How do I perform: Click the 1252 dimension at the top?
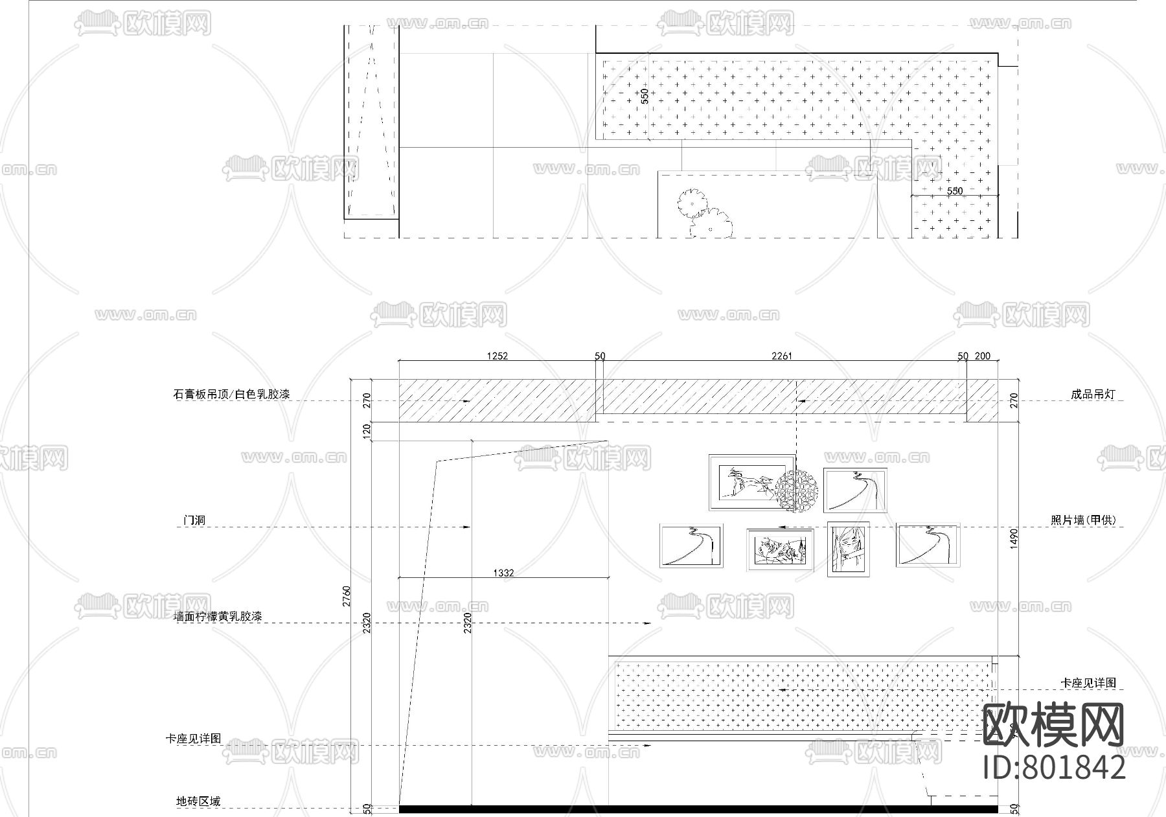(x=497, y=356)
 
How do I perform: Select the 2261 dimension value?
(x=782, y=356)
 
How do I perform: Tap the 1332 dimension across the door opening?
(x=503, y=573)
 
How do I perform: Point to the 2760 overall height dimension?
(x=347, y=595)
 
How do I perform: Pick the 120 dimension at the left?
(x=366, y=430)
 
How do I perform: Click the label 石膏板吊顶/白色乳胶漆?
(x=231, y=394)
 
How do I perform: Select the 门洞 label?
(x=194, y=520)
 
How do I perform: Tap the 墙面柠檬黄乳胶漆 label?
(x=218, y=617)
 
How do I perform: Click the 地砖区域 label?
(x=198, y=801)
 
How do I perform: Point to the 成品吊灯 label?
(x=1093, y=394)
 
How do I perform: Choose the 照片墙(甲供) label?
(x=1083, y=520)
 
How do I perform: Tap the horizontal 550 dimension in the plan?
(x=955, y=191)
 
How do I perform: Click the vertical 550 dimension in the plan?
(x=645, y=97)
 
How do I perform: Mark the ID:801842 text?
(x=1055, y=768)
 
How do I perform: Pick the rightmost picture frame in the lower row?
(x=928, y=546)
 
